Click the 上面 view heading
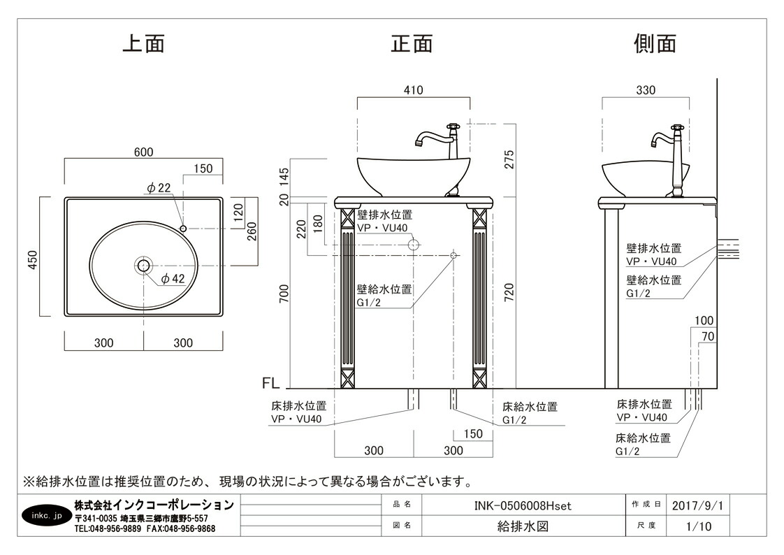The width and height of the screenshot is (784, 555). (143, 43)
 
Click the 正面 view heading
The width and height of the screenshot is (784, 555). (412, 43)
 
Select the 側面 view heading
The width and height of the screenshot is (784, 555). (655, 43)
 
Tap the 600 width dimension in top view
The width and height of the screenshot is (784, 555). (143, 152)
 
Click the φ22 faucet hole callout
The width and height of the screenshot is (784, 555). (159, 187)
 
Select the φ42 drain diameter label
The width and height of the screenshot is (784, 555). (173, 278)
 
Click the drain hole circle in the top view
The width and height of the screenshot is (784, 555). (144, 266)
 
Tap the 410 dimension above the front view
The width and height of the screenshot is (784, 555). (414, 90)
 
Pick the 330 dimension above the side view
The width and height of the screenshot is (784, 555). (646, 90)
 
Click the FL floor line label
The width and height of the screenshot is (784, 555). (270, 383)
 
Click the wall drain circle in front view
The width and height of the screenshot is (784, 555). (414, 245)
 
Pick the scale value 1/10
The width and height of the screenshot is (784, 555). (697, 526)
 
